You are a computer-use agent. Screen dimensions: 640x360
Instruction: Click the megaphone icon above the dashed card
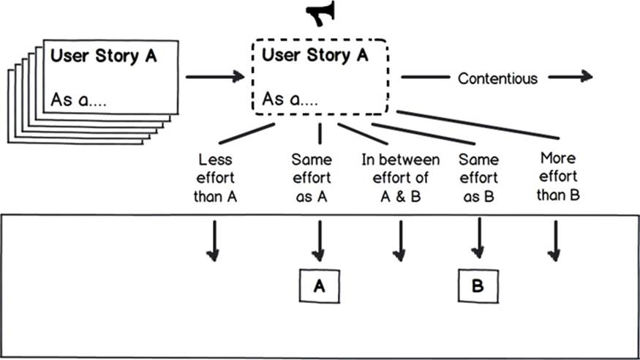tap(321, 13)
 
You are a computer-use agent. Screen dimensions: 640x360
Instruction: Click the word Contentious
tap(497, 78)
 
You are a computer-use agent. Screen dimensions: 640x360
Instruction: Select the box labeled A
tap(319, 285)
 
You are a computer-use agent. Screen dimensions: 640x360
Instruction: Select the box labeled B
tap(478, 285)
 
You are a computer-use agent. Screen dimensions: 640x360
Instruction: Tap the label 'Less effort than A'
tap(215, 178)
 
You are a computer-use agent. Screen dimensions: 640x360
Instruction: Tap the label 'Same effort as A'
tap(312, 178)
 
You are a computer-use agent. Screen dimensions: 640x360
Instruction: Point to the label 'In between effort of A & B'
tap(400, 178)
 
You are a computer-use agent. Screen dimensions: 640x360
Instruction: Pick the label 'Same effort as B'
tap(478, 178)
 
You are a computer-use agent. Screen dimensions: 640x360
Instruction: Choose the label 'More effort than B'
tap(558, 176)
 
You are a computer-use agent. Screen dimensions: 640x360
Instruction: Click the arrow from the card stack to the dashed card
tap(215, 76)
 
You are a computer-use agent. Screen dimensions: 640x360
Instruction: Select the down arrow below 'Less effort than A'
tap(214, 241)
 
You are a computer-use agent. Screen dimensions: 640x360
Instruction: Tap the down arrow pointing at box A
tap(319, 241)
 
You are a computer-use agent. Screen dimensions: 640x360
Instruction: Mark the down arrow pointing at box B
tap(478, 238)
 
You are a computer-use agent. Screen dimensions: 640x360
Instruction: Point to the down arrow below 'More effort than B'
tap(554, 241)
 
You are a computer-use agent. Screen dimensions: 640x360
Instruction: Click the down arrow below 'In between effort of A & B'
tap(399, 241)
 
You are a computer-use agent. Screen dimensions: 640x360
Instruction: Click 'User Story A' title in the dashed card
tap(315, 55)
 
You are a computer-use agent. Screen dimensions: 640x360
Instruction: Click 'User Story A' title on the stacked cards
tap(104, 56)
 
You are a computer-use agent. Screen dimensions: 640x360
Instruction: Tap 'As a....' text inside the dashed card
tap(290, 100)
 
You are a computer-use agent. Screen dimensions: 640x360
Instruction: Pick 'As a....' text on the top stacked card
tap(78, 100)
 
